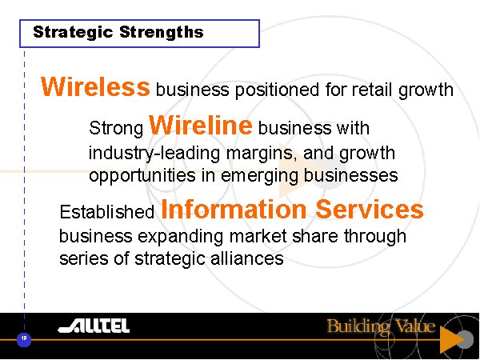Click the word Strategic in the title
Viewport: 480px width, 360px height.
tap(73, 33)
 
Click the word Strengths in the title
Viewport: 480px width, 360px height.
tap(162, 32)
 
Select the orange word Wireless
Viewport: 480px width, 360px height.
tap(95, 86)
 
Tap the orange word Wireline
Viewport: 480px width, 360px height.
tap(201, 125)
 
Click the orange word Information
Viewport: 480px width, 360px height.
tap(234, 209)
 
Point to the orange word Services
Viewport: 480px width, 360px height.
tap(370, 209)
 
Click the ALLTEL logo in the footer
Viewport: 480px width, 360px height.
tap(94, 326)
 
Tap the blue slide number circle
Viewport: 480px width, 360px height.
tap(24, 339)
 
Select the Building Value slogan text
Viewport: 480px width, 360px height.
tap(381, 326)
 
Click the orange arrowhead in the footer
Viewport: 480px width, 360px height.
tap(450, 339)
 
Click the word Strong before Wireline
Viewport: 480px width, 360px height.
tap(116, 129)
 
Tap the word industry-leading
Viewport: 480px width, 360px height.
tap(154, 154)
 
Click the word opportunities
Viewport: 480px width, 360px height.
tap(142, 176)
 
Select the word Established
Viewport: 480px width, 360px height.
tap(107, 211)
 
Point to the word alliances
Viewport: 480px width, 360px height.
tap(246, 258)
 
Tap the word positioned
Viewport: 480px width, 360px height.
tap(277, 90)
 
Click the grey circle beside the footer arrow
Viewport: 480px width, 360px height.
tap(466, 339)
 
